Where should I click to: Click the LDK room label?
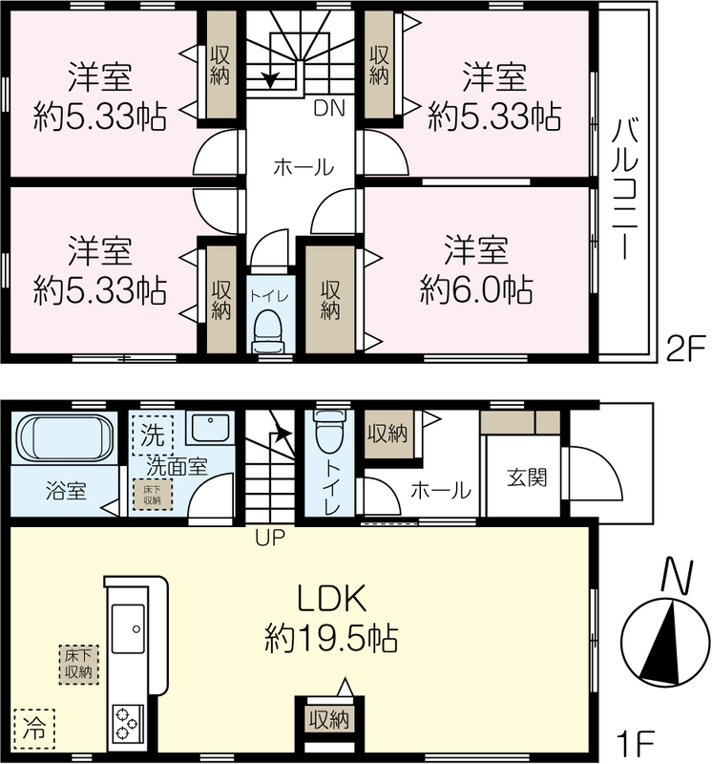331,599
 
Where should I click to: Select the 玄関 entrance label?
527,477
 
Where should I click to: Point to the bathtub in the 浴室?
65,436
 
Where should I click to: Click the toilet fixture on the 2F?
268,330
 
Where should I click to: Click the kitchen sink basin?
128,628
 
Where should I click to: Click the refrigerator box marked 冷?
34,729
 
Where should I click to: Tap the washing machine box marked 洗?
153,435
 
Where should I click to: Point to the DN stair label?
328,108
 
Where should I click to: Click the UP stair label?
269,538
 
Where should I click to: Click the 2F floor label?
685,350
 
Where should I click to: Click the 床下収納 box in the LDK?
78,664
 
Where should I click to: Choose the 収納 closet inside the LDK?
329,719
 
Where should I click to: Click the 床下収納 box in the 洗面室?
153,495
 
